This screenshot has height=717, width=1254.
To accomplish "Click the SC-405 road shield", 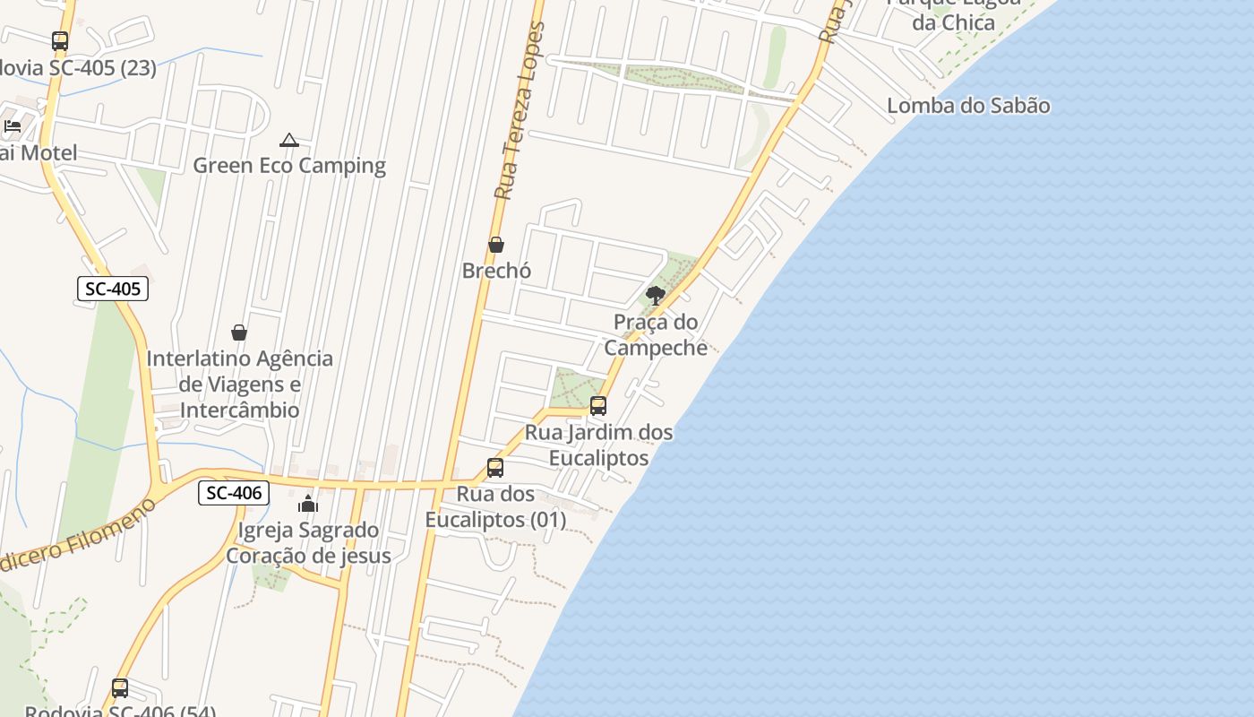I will pos(113,289).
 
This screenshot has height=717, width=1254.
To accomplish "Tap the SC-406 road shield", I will pos(234,492).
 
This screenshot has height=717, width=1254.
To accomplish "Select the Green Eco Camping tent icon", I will pos(288,140).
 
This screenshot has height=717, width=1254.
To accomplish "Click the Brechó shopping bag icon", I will pos(496,245).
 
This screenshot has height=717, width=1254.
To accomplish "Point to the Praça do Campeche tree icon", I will pos(656,295).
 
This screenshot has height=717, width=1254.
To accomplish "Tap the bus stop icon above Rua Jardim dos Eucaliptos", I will pos(598,406).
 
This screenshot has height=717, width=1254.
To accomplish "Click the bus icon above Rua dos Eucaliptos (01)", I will pos(495,468).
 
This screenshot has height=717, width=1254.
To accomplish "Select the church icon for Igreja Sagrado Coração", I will pos(308,504).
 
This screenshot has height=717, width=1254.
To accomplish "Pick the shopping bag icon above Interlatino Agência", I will pos(239,333).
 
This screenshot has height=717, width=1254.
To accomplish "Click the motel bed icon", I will pos(13,126).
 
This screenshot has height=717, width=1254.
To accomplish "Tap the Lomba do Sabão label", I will pos(968,106).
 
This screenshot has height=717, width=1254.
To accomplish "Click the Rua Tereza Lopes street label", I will pos(520,112).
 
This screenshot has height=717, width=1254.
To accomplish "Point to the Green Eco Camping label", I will pos(289,166).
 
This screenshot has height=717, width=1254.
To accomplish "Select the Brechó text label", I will pos(496,270).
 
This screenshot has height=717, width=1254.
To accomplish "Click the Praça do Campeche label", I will pos(656,334).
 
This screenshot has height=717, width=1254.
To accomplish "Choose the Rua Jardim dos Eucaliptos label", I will pos(598,445).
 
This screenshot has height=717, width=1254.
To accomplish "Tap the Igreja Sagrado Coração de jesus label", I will pos(308,542).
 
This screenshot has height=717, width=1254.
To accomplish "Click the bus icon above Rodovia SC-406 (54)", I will pos(120,688).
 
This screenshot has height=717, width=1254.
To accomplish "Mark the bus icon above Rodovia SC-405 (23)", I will pos(60,41).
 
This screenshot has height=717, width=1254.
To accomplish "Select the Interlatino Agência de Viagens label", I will pos(239,384).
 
